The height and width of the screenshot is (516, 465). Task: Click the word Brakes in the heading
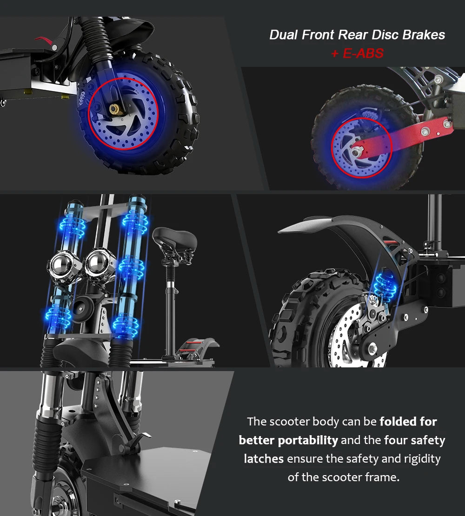click(x=423, y=35)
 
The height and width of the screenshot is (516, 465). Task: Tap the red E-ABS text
click(x=357, y=53)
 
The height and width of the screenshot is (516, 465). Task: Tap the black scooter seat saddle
click(x=175, y=239)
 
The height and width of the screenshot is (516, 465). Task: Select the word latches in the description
click(x=264, y=459)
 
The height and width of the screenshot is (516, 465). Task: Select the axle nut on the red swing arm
click(x=356, y=151)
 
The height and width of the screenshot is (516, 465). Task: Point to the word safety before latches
click(x=428, y=440)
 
